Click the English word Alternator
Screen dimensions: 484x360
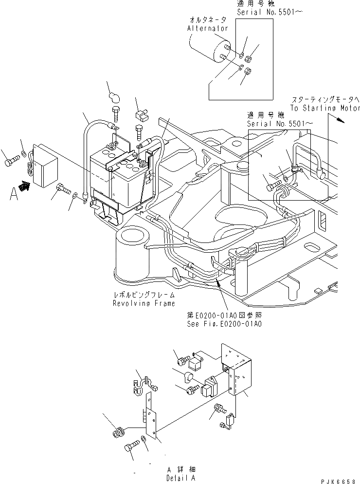[x=208, y=29]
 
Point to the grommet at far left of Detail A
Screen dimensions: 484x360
[x=117, y=432]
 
